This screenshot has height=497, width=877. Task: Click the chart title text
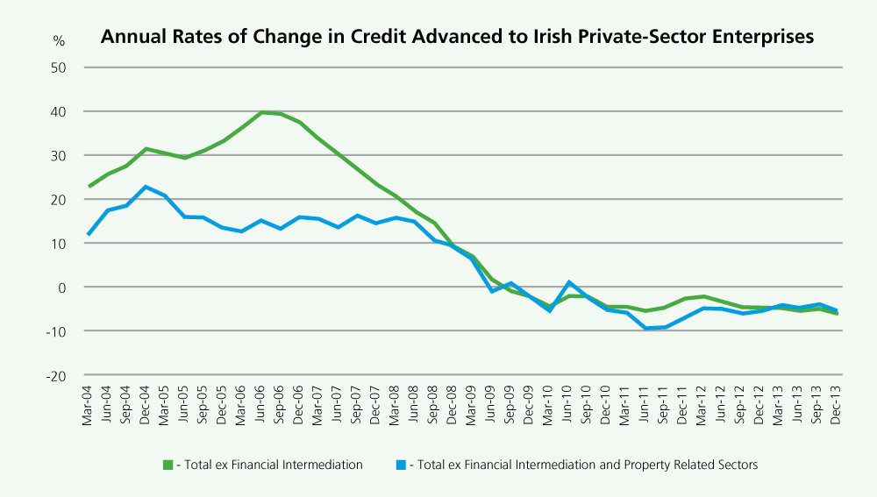point(457,37)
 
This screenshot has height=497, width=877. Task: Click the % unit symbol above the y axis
point(59,40)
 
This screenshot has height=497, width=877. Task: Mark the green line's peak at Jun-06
point(261,112)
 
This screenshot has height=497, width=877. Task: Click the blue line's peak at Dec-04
point(146,187)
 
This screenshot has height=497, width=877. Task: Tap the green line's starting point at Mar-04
point(89,187)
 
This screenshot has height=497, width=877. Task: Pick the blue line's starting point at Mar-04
point(89,235)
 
